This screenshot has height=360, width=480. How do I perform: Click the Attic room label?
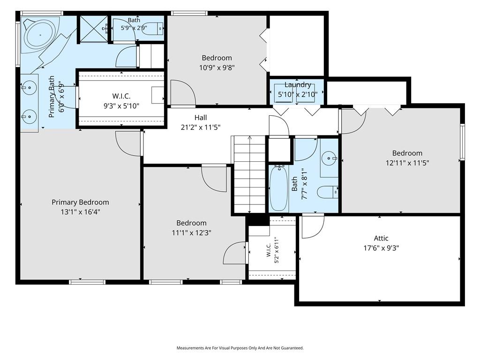click(x=381, y=238)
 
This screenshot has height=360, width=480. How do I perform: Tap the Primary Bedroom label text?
click(x=80, y=202)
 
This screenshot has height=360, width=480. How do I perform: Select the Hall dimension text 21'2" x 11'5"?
click(x=201, y=127)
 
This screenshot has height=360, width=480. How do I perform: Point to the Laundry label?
click(x=298, y=85)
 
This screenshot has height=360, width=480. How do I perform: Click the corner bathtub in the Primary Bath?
click(x=40, y=35)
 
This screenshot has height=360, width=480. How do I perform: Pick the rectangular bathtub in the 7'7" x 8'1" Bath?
click(x=279, y=188)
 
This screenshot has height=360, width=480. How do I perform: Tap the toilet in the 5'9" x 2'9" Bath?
click(x=153, y=29)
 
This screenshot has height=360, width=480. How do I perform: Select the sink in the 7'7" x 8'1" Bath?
click(x=329, y=158)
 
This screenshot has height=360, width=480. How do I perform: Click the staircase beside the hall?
click(x=249, y=174)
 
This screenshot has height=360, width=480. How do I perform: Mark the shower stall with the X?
click(x=94, y=29)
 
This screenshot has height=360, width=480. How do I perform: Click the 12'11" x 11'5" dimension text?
click(x=407, y=163)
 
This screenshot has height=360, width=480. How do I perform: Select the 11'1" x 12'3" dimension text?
click(x=191, y=232)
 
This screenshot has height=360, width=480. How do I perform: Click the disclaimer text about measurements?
click(x=240, y=348)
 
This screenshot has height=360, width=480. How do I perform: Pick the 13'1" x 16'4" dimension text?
click(x=80, y=212)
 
